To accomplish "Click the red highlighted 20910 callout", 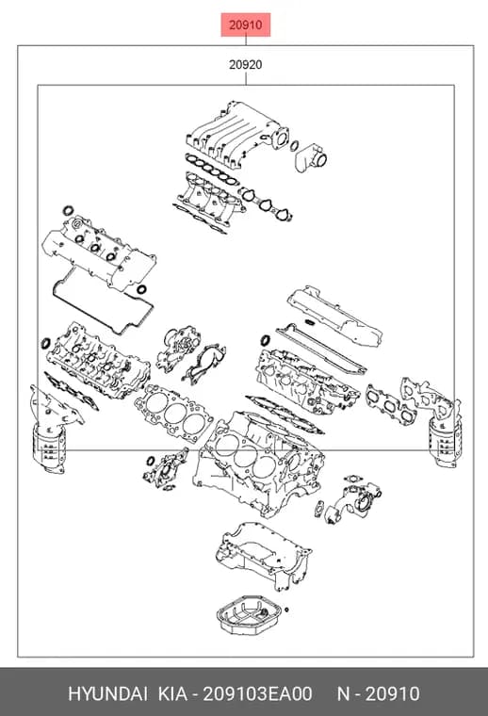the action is [x=246, y=24].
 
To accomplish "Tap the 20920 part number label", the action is [x=246, y=65].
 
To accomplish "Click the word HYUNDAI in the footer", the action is [x=107, y=693].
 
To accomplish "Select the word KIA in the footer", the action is [x=172, y=693].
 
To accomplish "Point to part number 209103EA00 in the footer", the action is [x=257, y=693].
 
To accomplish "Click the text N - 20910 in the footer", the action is [x=378, y=693].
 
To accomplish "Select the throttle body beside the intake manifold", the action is [x=311, y=157].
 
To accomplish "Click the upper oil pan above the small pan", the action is [x=264, y=555].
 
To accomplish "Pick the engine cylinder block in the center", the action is [x=258, y=463].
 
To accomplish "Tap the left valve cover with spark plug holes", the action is [x=99, y=252].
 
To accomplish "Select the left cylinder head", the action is [x=98, y=361].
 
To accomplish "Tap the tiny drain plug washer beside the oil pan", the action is [x=286, y=610].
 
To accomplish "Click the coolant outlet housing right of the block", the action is [x=354, y=500].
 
